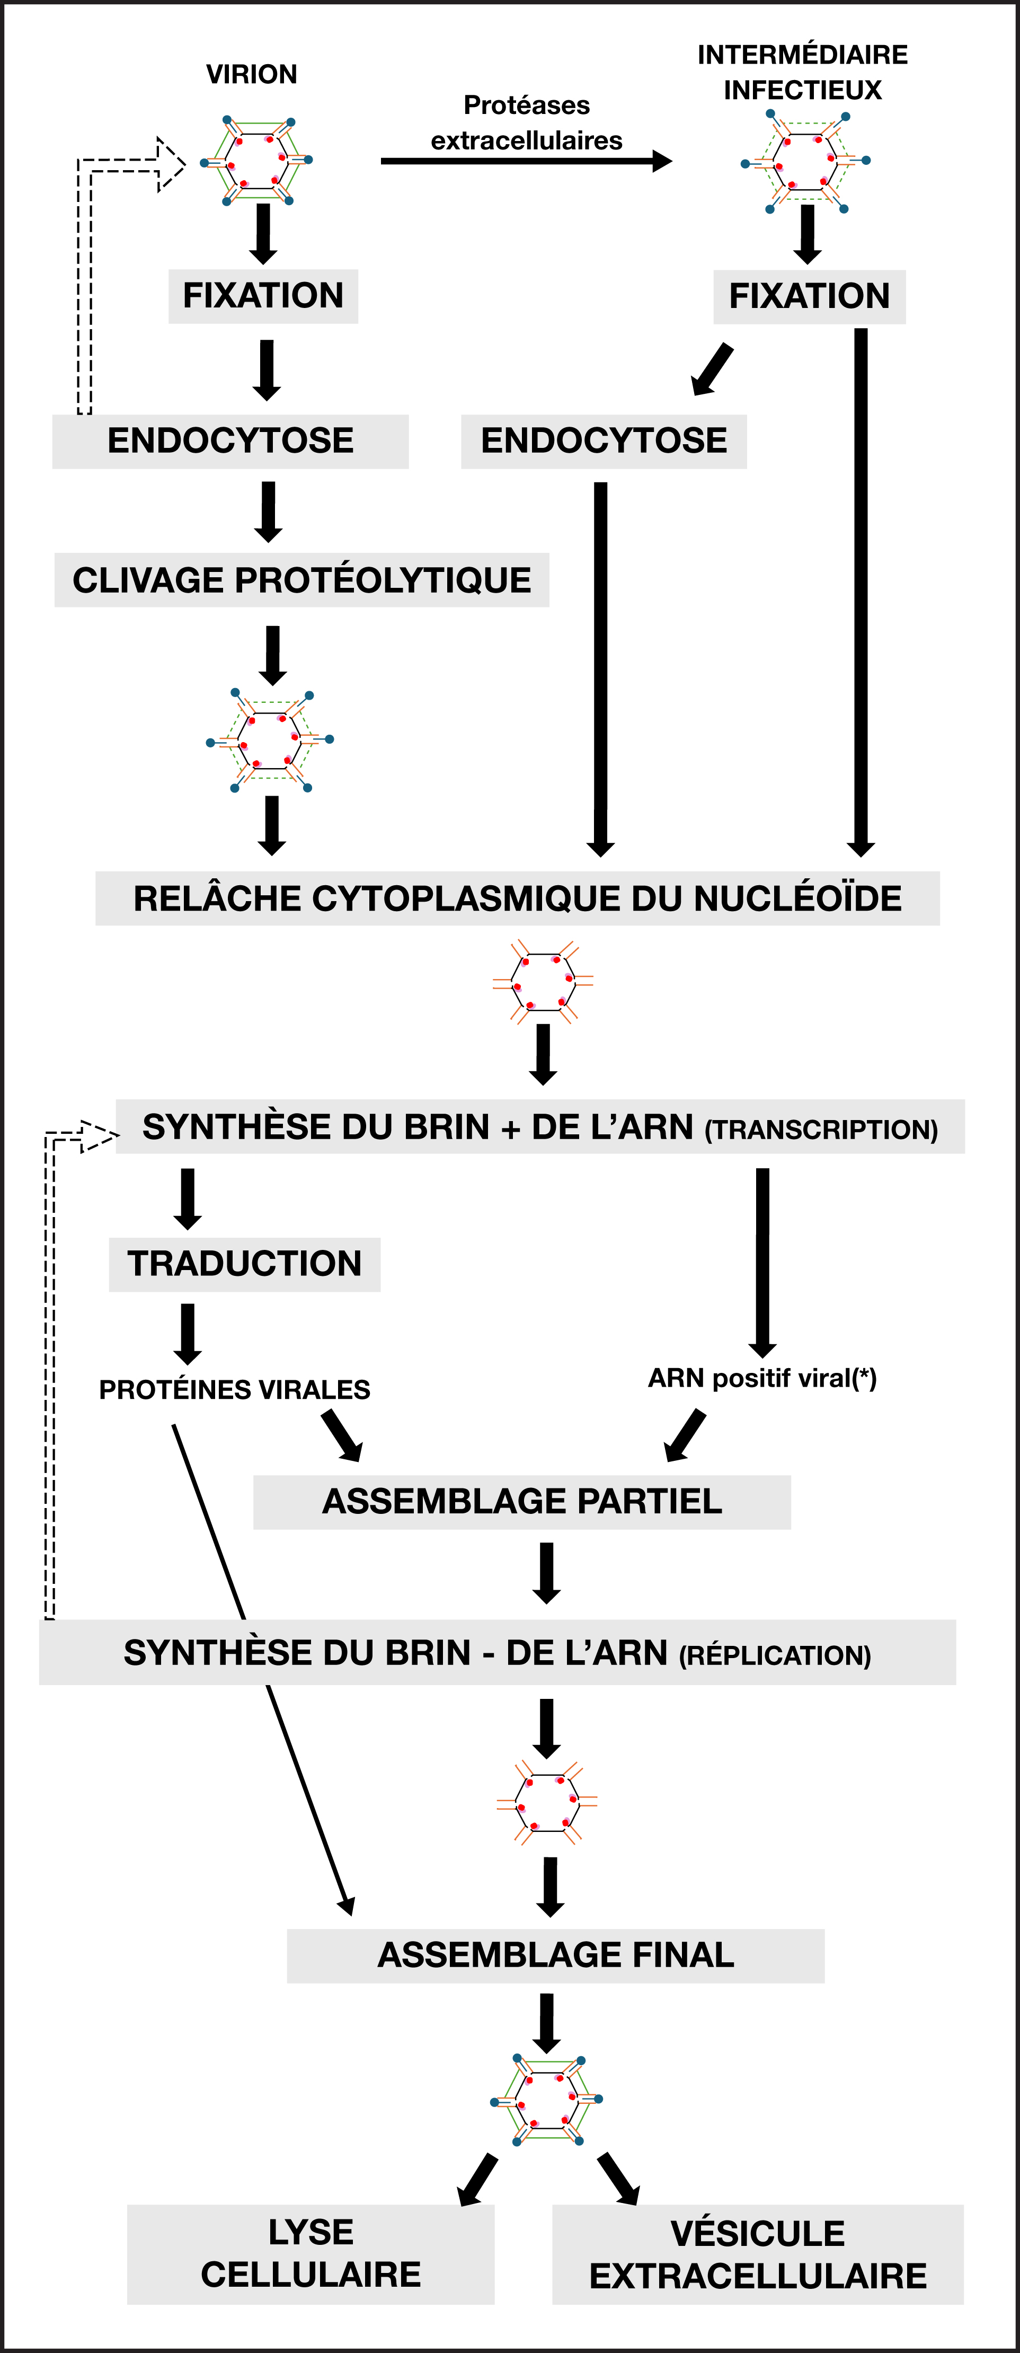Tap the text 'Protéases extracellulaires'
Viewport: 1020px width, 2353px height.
[527, 122]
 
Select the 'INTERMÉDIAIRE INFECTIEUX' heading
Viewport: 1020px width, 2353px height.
[803, 72]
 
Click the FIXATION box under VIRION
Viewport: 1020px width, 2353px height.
[263, 296]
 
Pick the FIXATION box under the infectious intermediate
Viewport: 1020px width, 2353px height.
[809, 297]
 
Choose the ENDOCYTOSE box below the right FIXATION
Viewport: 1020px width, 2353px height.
[604, 441]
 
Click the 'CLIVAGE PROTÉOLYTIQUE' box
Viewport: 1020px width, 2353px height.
[301, 580]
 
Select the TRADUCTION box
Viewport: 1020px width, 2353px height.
[245, 1264]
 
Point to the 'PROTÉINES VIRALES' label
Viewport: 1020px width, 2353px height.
[235, 1389]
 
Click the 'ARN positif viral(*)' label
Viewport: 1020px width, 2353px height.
[762, 1378]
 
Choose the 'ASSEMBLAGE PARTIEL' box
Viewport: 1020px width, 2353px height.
[522, 1502]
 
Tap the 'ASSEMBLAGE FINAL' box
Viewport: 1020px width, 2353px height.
[556, 1955]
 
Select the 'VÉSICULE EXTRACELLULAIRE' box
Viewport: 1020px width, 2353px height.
[758, 2254]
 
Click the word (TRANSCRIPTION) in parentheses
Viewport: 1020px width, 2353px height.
[822, 1130]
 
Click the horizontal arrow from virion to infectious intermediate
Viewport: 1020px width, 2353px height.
[527, 162]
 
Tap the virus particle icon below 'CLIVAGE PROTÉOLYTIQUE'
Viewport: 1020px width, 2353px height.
[270, 740]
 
